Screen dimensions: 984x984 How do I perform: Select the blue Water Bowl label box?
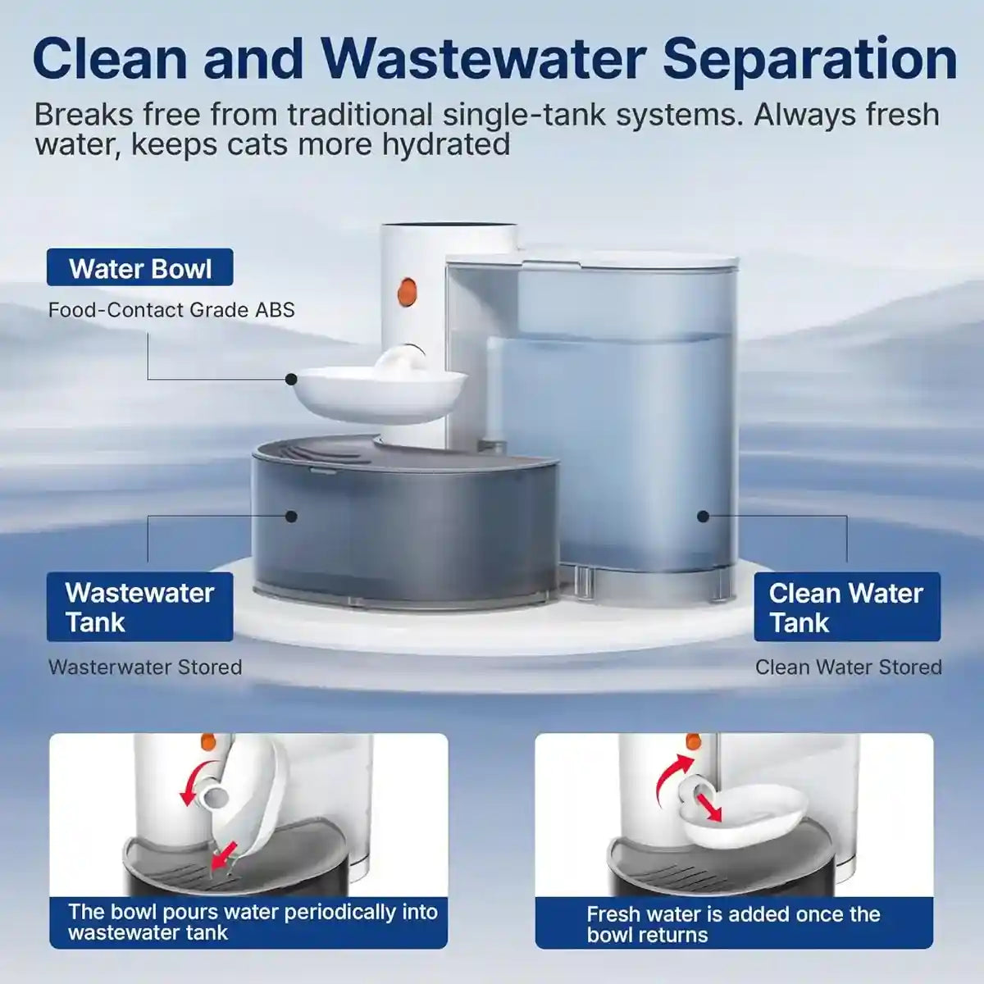point(139,268)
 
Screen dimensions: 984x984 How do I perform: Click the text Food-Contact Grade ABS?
point(171,310)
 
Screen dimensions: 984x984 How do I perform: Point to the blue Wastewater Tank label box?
point(139,607)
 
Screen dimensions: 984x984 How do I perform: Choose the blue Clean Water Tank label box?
point(846,607)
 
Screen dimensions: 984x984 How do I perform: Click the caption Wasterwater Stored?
point(145,667)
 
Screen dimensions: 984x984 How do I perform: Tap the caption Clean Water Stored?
point(848,667)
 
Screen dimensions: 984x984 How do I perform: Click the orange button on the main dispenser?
point(407,291)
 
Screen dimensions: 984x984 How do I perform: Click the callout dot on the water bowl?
point(291,379)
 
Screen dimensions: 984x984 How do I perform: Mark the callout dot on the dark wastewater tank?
point(291,517)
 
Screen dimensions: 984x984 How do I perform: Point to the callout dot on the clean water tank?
point(703,517)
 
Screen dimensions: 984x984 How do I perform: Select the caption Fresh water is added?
point(733,924)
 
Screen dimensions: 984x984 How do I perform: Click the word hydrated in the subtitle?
point(446,144)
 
